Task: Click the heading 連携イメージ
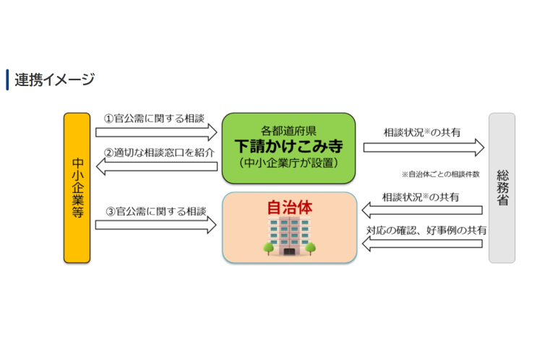[55, 80]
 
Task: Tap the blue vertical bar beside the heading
[7, 80]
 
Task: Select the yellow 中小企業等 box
[77, 187]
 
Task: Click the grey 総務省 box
[502, 187]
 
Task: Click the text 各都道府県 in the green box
[288, 130]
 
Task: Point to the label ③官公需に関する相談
[155, 211]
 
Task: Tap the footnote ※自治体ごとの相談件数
[440, 174]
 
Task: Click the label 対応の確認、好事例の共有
[424, 231]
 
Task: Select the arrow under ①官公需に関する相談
[156, 132]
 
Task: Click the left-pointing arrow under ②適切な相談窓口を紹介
[156, 167]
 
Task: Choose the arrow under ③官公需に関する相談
[156, 225]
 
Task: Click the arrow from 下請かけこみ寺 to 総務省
[423, 147]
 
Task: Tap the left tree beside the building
[267, 248]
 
